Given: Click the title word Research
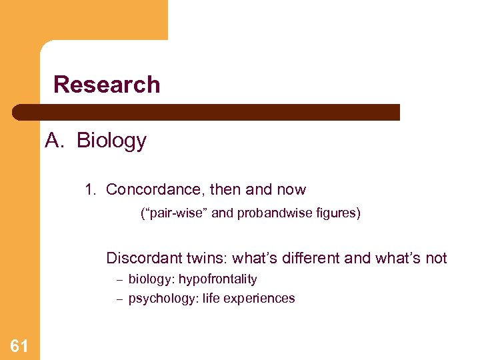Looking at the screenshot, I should coord(107,85).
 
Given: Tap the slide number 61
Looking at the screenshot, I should coord(19,345).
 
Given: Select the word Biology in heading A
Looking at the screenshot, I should coord(111,141).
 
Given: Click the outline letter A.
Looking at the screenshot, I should coord(53,141).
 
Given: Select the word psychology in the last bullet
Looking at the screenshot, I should coord(157,298).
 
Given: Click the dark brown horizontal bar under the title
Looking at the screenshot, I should coord(207,112).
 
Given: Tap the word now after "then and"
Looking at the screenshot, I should coord(291,189).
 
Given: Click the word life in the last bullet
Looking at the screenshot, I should coord(202,298).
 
